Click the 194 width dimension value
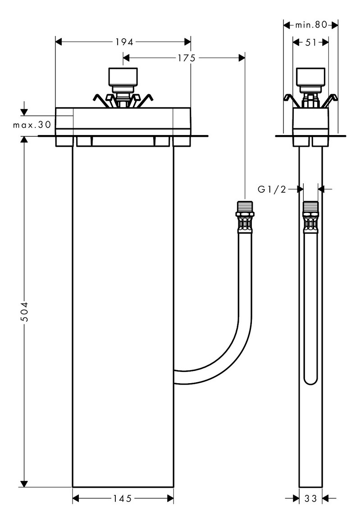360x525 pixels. pyautogui.click(x=124, y=42)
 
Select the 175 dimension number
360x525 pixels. pyautogui.click(x=187, y=58)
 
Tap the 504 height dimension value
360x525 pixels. pyautogui.click(x=24, y=312)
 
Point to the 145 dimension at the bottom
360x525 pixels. pyautogui.click(x=122, y=498)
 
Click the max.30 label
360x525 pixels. pyautogui.click(x=32, y=125)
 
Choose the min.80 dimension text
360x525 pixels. pyautogui.click(x=311, y=24)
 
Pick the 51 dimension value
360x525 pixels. pyautogui.click(x=311, y=42)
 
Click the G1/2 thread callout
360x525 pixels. pyautogui.click(x=272, y=190)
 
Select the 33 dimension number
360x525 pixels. pyautogui.click(x=311, y=498)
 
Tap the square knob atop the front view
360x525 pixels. pyautogui.click(x=123, y=77)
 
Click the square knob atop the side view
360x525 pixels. pyautogui.click(x=311, y=77)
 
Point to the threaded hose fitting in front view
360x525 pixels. pyautogui.click(x=245, y=217)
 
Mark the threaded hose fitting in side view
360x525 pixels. pyautogui.click(x=311, y=217)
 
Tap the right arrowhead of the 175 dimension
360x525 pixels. pyautogui.click(x=242, y=58)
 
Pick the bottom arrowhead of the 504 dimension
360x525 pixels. pyautogui.click(x=24, y=484)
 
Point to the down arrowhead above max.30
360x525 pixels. pyautogui.click(x=24, y=112)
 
